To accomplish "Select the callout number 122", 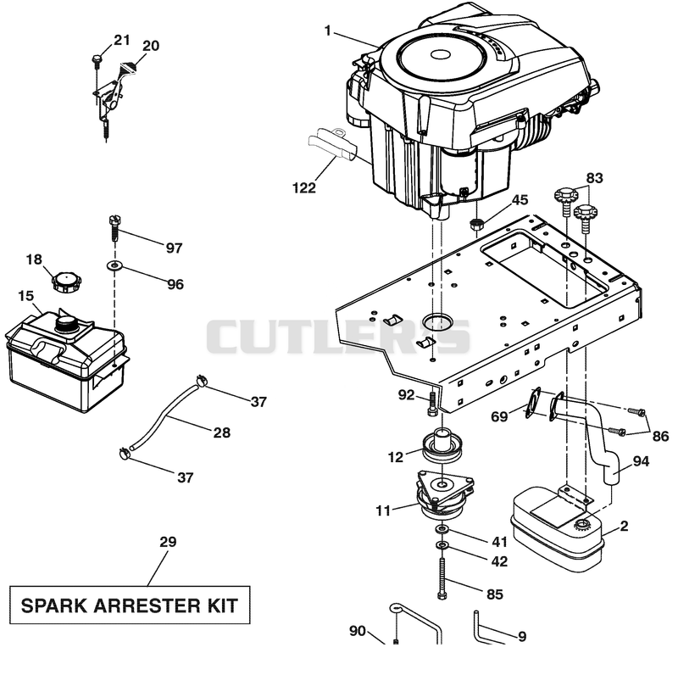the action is tap(304, 187).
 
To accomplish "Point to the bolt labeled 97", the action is tap(114, 227).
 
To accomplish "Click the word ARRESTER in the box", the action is tap(147, 605).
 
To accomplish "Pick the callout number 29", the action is tap(168, 542).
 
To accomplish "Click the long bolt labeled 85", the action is tap(442, 578).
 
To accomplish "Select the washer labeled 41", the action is tap(442, 529).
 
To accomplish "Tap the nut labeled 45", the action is tap(476, 225).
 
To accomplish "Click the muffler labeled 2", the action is tap(556, 529).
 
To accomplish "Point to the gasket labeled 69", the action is tap(533, 404).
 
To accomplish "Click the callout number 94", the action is tap(641, 461).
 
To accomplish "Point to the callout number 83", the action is tap(594, 178).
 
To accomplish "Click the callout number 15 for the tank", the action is tap(25, 296).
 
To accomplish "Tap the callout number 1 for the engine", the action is tap(327, 31).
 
